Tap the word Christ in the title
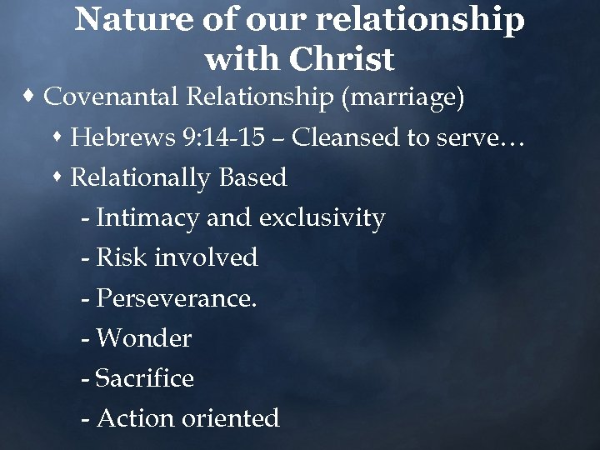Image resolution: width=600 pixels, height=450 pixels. point(342,59)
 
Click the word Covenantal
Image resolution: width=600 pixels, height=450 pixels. point(112,97)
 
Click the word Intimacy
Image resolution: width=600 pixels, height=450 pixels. point(148,218)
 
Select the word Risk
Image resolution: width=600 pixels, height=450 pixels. point(117,257)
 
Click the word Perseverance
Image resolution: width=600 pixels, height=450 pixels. point(176,297)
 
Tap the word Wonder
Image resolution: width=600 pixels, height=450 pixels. point(144,338)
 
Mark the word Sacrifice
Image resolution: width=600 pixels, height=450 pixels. point(145,378)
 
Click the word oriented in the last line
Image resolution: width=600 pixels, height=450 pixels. point(228,418)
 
